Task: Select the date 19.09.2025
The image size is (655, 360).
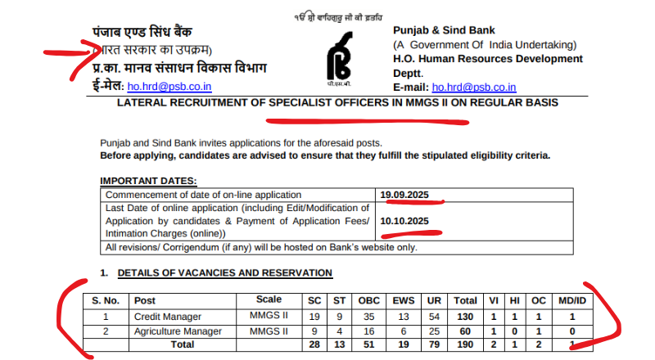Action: [x=404, y=195]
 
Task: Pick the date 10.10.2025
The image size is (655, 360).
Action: [x=404, y=221]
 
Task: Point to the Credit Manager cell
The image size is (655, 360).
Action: [x=164, y=316]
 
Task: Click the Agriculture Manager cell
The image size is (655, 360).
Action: [x=177, y=331]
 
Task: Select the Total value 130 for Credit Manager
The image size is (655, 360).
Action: [x=464, y=316]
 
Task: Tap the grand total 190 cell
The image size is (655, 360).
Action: [x=464, y=344]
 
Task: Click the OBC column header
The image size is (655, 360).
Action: [x=369, y=300]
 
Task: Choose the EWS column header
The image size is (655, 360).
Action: [x=402, y=300]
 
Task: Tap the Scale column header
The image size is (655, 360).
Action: [x=269, y=299]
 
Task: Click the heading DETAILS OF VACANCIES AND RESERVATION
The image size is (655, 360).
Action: [x=224, y=272]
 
